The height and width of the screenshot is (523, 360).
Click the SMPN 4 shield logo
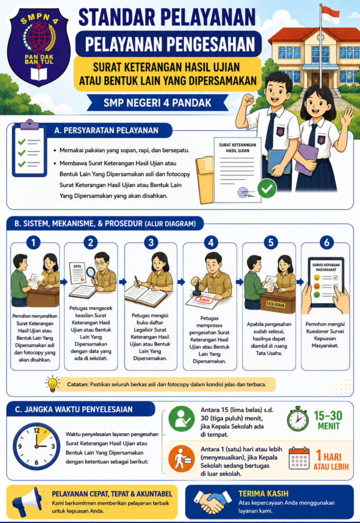point(39,46)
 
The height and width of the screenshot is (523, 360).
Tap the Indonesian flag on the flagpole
point(330,14)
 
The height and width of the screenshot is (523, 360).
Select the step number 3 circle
point(151,242)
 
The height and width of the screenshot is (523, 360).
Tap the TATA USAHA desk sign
point(275,304)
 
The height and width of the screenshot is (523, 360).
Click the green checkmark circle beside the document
point(267,188)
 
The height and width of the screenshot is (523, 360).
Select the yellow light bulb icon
point(52,384)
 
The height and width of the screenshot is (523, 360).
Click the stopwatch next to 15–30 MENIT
point(298,419)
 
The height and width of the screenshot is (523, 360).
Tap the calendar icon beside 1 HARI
point(299,458)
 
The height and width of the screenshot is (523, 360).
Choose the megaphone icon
point(28,502)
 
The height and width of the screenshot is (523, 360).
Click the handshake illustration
point(212,502)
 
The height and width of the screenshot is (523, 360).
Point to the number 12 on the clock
point(37,430)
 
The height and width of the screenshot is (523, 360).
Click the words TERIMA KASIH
point(263,494)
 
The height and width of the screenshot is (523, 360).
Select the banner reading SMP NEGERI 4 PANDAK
point(157,102)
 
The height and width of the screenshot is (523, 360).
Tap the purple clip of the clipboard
point(29,125)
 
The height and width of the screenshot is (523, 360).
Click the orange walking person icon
point(181,458)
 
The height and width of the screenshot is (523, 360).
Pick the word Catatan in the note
point(78,384)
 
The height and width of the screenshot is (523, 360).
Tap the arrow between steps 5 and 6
point(300,282)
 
